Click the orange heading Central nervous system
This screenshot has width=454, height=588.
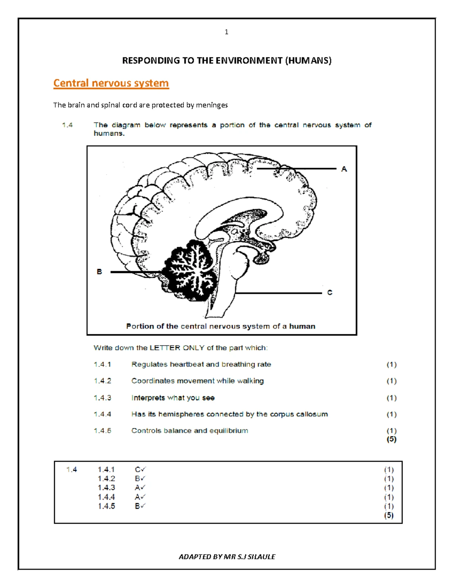click(111, 83)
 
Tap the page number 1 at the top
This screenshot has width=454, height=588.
click(226, 32)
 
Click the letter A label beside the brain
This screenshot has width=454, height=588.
click(344, 169)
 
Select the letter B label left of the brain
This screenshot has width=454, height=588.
click(100, 271)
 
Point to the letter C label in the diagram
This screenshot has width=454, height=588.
click(330, 293)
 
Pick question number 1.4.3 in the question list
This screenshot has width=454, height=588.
click(103, 398)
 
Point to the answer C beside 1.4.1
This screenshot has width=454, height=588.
click(138, 469)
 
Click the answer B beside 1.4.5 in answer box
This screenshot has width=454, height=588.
click(138, 506)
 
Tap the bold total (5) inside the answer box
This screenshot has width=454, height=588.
click(389, 515)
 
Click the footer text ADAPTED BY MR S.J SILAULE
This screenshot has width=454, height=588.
click(227, 557)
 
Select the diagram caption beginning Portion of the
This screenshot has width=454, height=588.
click(221, 326)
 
